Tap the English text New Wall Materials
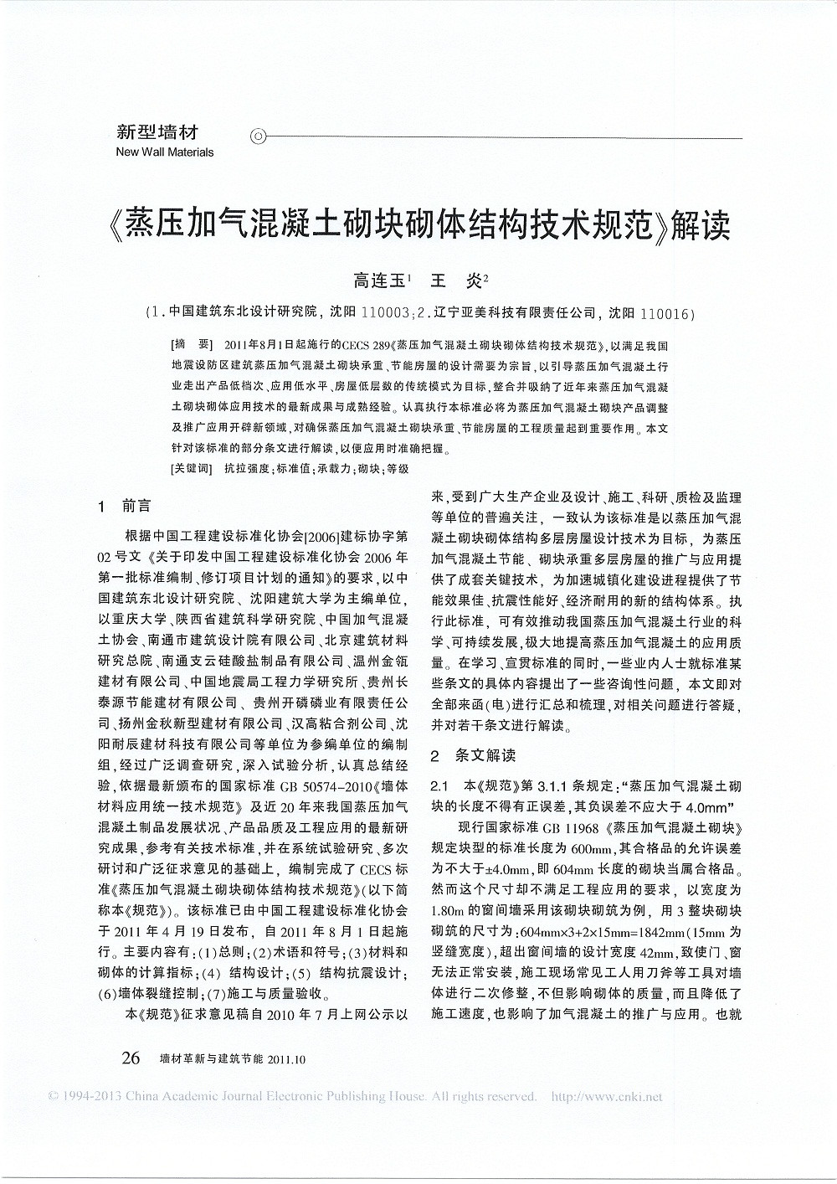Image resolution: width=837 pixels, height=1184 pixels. [165, 152]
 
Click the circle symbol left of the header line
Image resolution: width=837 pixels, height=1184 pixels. [259, 135]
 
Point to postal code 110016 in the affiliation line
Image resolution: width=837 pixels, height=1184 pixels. [665, 314]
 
